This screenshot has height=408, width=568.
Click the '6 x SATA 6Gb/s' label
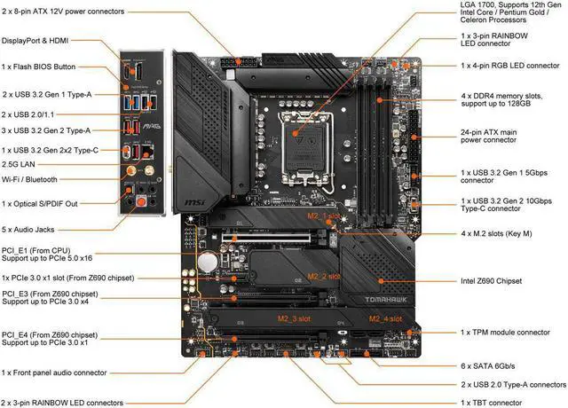(x=493, y=365)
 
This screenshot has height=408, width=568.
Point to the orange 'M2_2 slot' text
(x=325, y=275)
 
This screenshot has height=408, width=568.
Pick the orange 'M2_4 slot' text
(x=387, y=318)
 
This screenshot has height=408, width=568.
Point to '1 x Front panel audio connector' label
(x=67, y=373)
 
